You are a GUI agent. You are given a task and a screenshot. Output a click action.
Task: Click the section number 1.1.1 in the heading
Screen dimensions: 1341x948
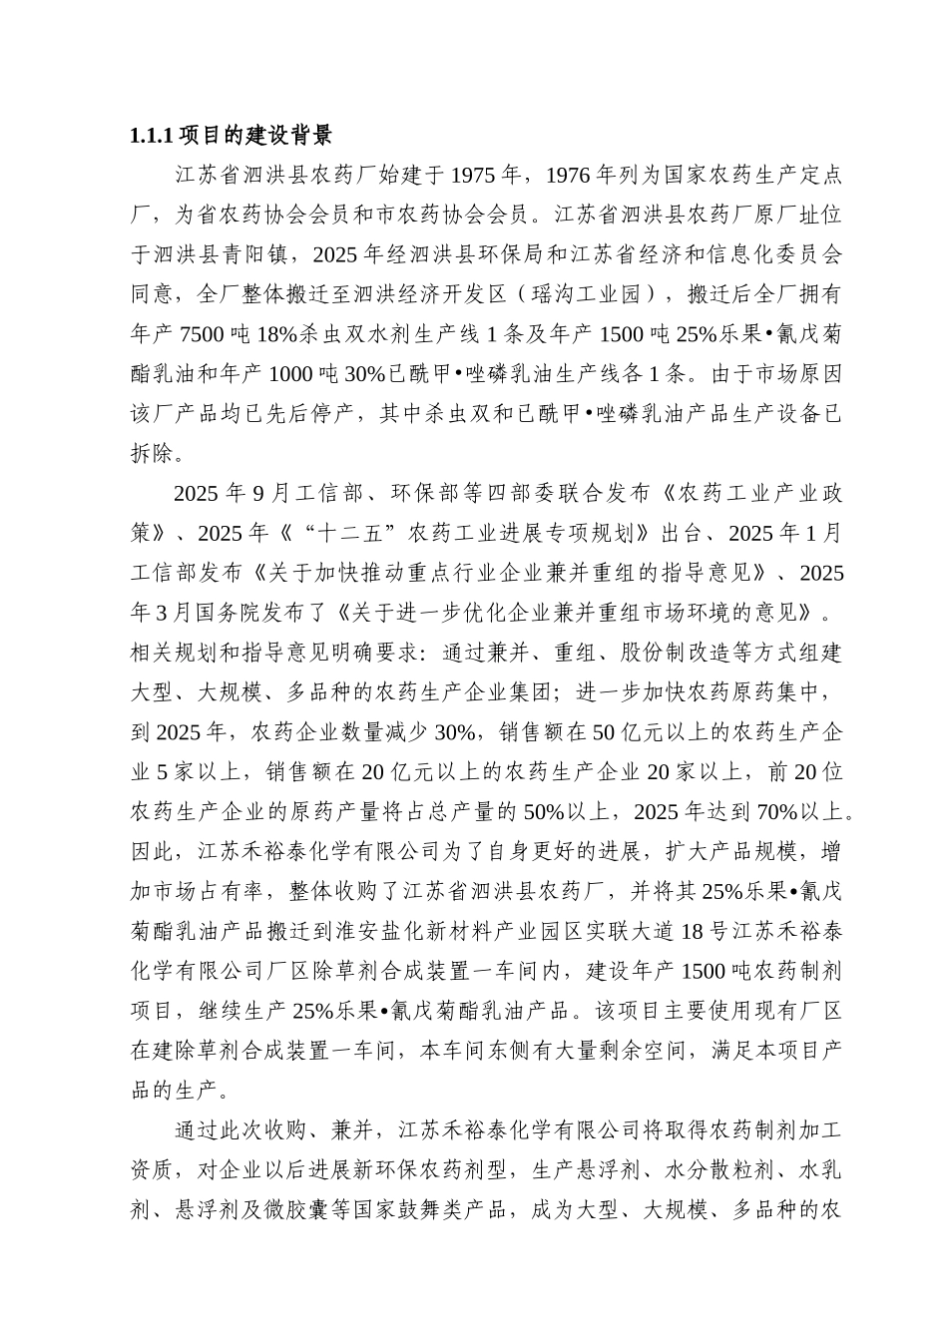pyautogui.click(x=153, y=136)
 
